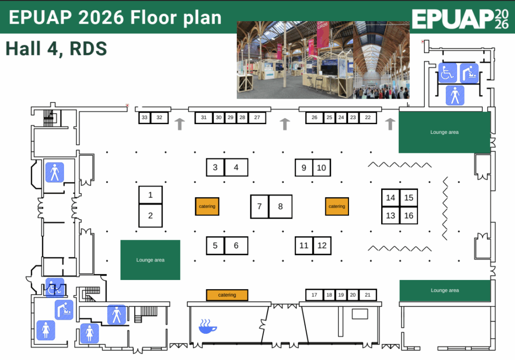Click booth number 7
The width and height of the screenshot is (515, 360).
[260, 207]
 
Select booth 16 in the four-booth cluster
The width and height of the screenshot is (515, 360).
[408, 216]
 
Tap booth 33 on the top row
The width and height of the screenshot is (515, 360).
[144, 118]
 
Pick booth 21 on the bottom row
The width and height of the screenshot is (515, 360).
[368, 295]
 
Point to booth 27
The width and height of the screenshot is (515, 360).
[257, 118]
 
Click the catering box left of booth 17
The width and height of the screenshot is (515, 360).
[227, 295]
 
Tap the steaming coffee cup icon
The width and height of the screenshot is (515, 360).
[208, 326]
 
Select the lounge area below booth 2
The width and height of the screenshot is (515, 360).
[150, 260]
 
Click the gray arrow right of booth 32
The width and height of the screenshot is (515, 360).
[180, 124]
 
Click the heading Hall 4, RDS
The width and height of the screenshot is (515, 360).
[56, 49]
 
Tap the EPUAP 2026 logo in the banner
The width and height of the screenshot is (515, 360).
[460, 19]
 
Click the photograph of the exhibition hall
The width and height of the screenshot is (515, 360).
[323, 60]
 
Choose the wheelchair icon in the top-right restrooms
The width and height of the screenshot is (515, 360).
[447, 72]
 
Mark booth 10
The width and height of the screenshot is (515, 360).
[321, 168]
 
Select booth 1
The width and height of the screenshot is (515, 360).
[150, 195]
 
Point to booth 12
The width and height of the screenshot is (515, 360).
[322, 246]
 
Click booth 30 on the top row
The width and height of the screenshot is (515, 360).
[219, 118]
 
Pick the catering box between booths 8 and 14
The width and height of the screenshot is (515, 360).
[336, 206]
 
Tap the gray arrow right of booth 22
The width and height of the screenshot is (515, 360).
[390, 124]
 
